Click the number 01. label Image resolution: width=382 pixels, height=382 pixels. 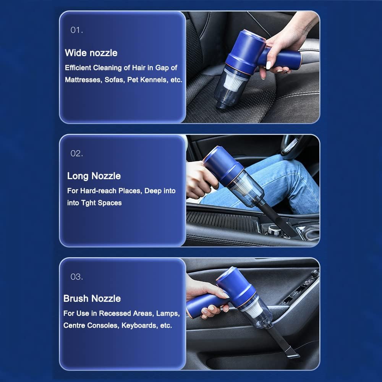[76, 30]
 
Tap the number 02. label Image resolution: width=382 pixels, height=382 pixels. [76, 154]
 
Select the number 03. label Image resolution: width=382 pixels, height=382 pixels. [76, 277]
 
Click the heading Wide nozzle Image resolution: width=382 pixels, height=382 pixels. [91, 53]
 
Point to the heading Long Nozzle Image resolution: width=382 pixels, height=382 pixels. [94, 176]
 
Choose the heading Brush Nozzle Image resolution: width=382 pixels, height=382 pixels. [92, 298]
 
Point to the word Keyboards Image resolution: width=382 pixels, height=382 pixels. [139, 325]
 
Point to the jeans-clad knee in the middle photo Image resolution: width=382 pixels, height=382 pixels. [280, 168]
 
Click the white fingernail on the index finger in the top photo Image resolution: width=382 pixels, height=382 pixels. [268, 65]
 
